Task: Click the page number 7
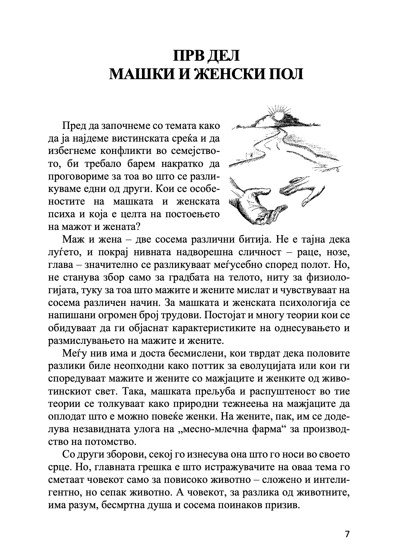coord(347,534)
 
